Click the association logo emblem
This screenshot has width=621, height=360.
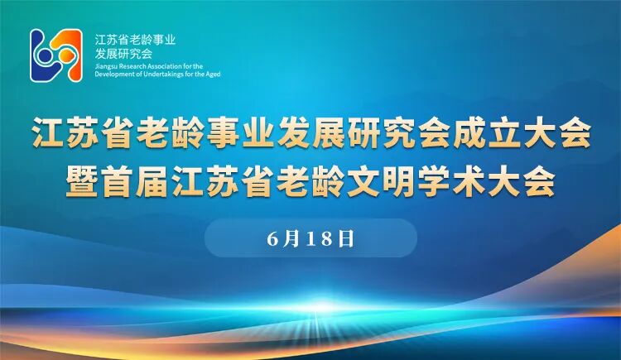[56, 55]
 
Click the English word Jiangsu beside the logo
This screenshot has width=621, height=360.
[106, 65]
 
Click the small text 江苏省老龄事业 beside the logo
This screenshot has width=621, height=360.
[136, 39]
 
